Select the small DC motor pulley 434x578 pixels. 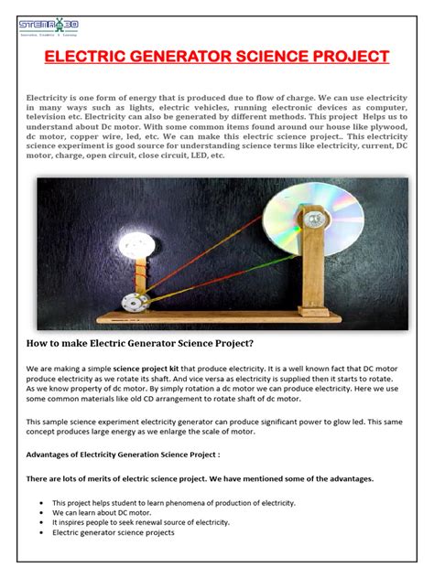pyautogui.click(x=135, y=305)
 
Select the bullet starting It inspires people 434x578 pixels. pyautogui.click(x=137, y=522)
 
